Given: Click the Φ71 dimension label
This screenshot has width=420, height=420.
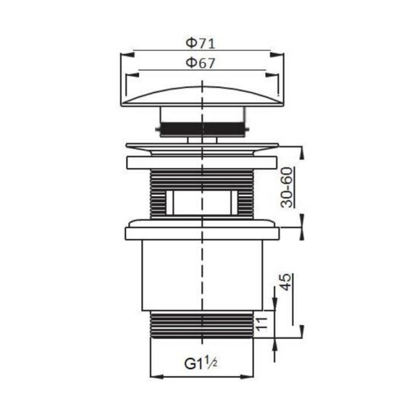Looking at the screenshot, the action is click(x=201, y=43).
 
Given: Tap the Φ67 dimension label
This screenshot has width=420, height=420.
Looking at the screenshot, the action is click(x=201, y=63).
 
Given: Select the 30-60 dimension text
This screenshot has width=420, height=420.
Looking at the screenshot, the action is click(x=287, y=187).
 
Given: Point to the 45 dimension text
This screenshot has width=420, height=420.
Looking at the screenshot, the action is click(x=286, y=282).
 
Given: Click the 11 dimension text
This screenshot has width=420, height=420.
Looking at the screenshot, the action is click(x=261, y=324).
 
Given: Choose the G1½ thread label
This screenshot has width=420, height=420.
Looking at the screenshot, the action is click(x=201, y=364).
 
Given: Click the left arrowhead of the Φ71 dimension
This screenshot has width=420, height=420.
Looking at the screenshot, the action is click(x=127, y=55).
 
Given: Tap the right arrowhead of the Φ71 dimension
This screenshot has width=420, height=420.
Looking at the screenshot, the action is click(x=277, y=55).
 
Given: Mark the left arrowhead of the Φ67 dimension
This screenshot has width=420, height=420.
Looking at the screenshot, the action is click(x=133, y=75).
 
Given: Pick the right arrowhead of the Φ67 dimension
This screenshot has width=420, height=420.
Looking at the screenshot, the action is click(x=272, y=75).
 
